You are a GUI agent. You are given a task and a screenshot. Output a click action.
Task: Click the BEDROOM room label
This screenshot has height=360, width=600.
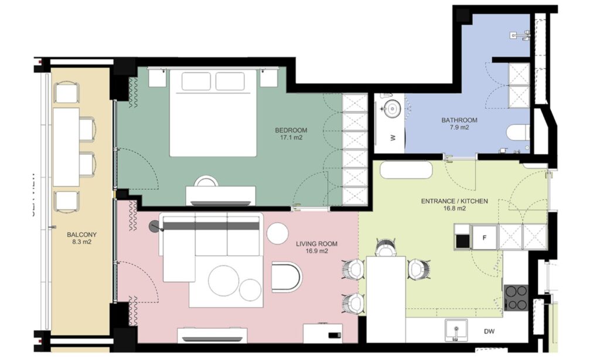pyautogui.click(x=291, y=130)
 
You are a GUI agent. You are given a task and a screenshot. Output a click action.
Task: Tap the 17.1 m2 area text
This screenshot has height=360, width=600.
pyautogui.click(x=291, y=139)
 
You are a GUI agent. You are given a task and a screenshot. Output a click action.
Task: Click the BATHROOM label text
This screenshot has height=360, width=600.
pyautogui.click(x=459, y=120)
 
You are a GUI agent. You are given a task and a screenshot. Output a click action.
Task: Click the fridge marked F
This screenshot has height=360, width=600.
pyautogui.click(x=484, y=237)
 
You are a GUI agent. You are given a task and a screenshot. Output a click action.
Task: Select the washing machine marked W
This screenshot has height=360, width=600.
pyautogui.click(x=392, y=138)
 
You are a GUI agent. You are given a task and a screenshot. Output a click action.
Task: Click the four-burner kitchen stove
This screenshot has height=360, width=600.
pyautogui.click(x=516, y=297)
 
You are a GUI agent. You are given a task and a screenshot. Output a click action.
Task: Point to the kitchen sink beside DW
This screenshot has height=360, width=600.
pyautogui.click(x=455, y=330)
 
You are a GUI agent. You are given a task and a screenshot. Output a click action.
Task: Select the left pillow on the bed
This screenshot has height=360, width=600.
pyautogui.click(x=196, y=81)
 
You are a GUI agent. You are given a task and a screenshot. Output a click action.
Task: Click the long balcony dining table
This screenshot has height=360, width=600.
pyautogui.click(x=66, y=147)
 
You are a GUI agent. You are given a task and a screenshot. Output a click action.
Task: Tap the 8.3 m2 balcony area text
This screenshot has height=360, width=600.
pyautogui.click(x=81, y=240)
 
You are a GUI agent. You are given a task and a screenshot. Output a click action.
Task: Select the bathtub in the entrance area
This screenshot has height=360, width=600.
pyautogui.click(x=406, y=171)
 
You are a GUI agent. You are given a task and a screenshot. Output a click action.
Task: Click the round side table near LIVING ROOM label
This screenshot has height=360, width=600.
pyautogui.click(x=278, y=233)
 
